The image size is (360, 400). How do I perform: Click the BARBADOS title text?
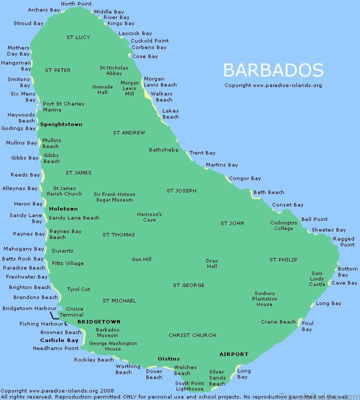click(273, 69)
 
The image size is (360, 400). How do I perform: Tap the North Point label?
click(76, 4)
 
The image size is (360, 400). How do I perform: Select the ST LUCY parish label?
click(78, 37)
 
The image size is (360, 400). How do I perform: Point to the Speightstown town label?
click(61, 124)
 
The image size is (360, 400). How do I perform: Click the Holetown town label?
click(63, 208)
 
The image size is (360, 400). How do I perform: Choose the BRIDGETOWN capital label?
click(99, 322)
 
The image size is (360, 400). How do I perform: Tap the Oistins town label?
click(168, 358)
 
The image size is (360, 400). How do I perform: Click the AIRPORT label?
click(233, 354)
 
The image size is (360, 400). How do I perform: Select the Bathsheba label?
click(163, 150)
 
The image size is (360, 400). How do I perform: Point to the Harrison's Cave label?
click(149, 217)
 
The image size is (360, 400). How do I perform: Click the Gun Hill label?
click(141, 259)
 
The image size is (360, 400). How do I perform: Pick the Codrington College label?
click(283, 225)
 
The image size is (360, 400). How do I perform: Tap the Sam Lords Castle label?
click(317, 279)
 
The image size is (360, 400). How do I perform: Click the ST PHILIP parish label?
click(283, 259)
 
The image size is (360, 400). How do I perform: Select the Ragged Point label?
click(343, 242)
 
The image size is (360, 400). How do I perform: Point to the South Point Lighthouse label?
click(189, 386)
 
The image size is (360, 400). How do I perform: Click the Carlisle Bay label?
click(59, 340)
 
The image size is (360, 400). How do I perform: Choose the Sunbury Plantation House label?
click(264, 298)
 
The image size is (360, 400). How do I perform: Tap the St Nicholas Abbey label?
click(114, 70)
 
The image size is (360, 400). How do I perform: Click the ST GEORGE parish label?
click(188, 285)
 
